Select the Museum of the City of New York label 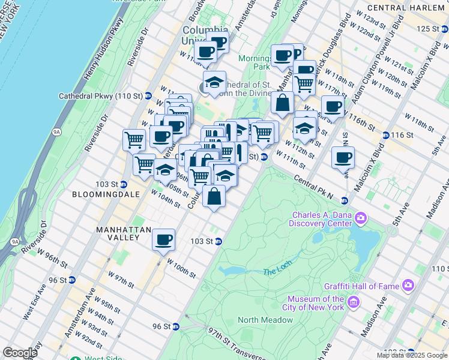coord(315,303)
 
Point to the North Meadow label coord(265,320)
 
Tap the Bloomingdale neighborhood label coord(106,195)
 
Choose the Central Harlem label coord(408,8)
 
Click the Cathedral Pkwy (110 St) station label coord(100,95)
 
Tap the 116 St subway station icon coord(385,136)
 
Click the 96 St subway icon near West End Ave coord(72,280)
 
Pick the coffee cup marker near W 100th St coord(163,241)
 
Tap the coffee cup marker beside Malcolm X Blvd coord(343,158)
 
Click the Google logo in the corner coord(20,353)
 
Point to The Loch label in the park coord(276,272)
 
